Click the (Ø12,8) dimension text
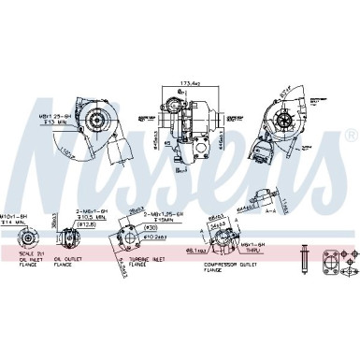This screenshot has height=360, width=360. click(90, 224)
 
